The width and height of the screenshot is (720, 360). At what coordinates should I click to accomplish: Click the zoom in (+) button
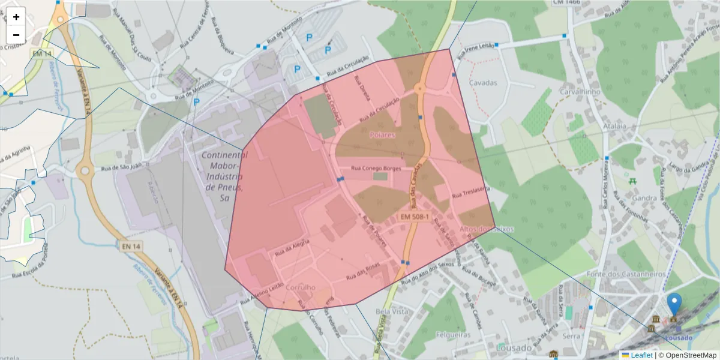point(16,17)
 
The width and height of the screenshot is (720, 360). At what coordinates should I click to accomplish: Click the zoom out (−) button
point(16,35)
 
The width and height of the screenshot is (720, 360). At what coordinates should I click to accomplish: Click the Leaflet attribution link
point(641,355)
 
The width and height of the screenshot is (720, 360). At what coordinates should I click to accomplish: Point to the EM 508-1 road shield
point(414,215)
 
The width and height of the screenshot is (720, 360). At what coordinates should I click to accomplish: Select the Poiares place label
point(382,135)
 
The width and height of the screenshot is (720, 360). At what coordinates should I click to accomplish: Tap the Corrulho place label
point(301,287)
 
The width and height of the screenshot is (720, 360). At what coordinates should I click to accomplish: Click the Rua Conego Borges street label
point(375,169)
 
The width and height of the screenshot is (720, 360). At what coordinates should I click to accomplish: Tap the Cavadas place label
point(484,82)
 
